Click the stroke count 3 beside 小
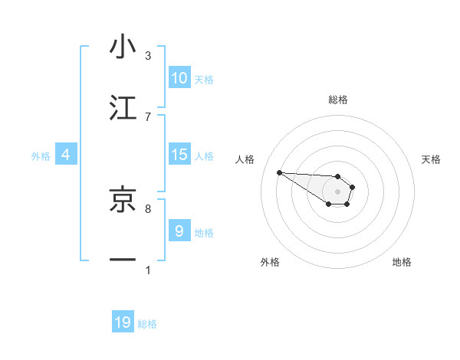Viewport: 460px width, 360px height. (148, 56)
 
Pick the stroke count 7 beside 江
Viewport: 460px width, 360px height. (148, 116)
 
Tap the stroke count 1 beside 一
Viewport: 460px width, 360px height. (148, 270)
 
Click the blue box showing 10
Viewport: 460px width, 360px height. (179, 78)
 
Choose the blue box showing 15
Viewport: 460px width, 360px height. (179, 155)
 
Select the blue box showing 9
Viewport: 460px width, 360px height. (179, 231)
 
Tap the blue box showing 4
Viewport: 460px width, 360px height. (66, 155)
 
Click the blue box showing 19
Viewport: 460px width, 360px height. (123, 322)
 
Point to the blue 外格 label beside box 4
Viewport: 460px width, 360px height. (41, 156)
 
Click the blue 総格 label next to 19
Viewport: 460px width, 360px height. (147, 324)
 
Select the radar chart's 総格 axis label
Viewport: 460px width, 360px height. (338, 100)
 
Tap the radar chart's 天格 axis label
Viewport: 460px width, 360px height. (431, 159)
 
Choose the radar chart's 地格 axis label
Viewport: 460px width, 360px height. (402, 263)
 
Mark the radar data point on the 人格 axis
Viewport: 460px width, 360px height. (279, 172)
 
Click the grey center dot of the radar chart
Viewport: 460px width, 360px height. (337, 191)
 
